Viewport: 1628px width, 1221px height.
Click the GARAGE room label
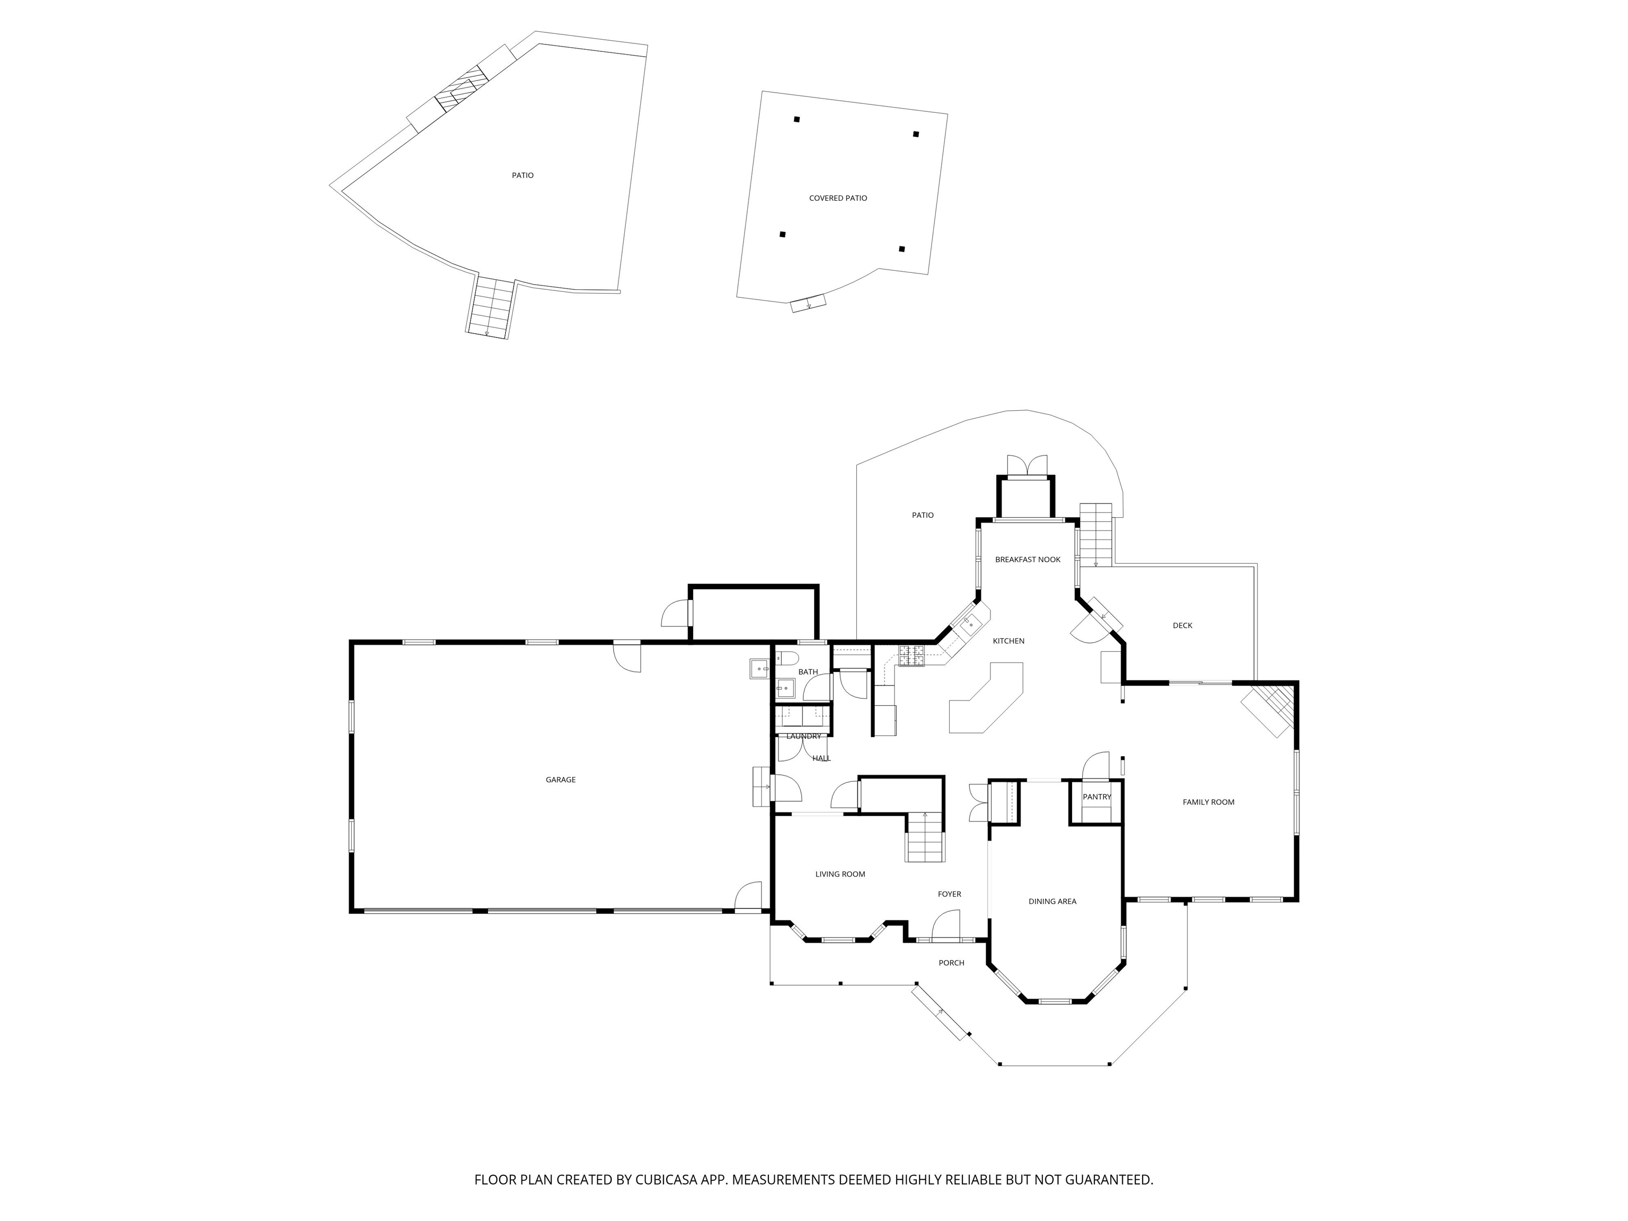coord(560,780)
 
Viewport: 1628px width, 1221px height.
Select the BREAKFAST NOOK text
coord(1028,559)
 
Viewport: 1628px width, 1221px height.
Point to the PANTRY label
coord(1096,797)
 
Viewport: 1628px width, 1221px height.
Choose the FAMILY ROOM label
coord(1208,802)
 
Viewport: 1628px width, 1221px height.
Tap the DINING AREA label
coord(1052,901)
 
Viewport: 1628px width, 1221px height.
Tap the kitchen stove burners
coord(910,655)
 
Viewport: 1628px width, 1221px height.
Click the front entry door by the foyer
coord(947,925)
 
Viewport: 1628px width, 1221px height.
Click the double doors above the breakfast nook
coord(1027,465)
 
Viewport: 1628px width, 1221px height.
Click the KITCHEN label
coord(1008,641)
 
